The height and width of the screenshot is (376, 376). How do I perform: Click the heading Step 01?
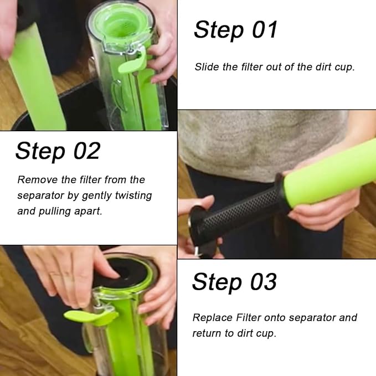point(235,30)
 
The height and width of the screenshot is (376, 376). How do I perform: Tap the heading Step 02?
point(58,151)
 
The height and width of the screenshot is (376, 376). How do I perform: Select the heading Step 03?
point(234,282)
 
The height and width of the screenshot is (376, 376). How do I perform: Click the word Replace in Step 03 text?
point(213,318)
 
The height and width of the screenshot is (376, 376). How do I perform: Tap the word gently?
point(97,196)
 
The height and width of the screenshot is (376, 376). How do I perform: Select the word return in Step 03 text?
point(207,333)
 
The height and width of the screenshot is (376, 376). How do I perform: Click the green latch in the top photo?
point(133,63)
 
